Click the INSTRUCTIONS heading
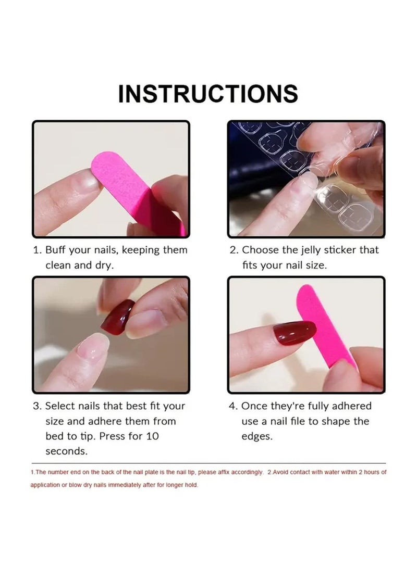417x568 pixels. (x=208, y=94)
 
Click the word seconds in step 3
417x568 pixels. (x=66, y=451)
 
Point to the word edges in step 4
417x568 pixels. (x=256, y=436)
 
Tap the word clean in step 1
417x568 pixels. (x=59, y=265)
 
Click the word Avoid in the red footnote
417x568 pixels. (x=276, y=472)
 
